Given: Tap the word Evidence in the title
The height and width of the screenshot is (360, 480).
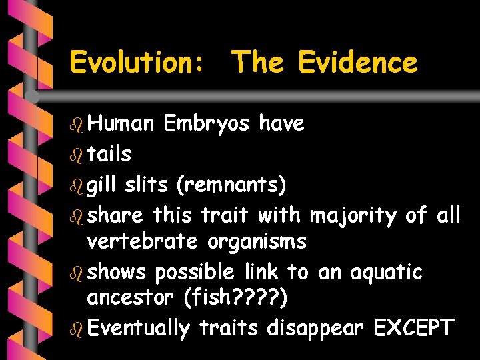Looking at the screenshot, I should (358, 63).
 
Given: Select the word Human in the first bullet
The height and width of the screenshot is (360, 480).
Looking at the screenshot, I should (121, 123).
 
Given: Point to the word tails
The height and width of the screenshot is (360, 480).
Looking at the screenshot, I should (109, 154).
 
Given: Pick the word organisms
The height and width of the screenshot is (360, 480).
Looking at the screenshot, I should (257, 241).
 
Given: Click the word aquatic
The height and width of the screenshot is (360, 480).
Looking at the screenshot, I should (388, 272).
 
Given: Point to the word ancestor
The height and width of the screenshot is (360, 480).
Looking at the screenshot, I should (131, 297).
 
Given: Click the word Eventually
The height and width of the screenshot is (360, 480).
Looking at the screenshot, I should (139, 328).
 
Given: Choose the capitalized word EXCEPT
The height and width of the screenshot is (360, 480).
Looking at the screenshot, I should (413, 327).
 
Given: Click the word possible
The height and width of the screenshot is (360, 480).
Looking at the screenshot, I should (194, 272).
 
